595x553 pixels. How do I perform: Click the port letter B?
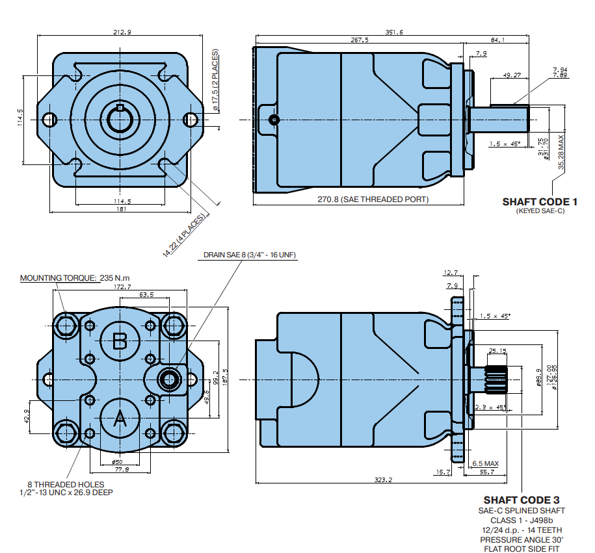tap(120, 341)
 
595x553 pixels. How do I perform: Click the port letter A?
tap(120, 419)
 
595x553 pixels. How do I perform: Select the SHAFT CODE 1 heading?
tap(540, 201)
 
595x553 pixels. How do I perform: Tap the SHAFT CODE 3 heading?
tap(522, 500)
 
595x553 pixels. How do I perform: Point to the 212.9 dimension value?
tap(122, 32)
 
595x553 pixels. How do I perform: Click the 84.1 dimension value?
tap(498, 40)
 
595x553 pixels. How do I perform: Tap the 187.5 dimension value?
tap(225, 379)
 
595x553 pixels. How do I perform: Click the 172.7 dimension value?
tap(122, 287)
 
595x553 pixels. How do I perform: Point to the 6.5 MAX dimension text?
tap(485, 463)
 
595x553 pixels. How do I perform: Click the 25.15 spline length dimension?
tap(497, 352)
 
